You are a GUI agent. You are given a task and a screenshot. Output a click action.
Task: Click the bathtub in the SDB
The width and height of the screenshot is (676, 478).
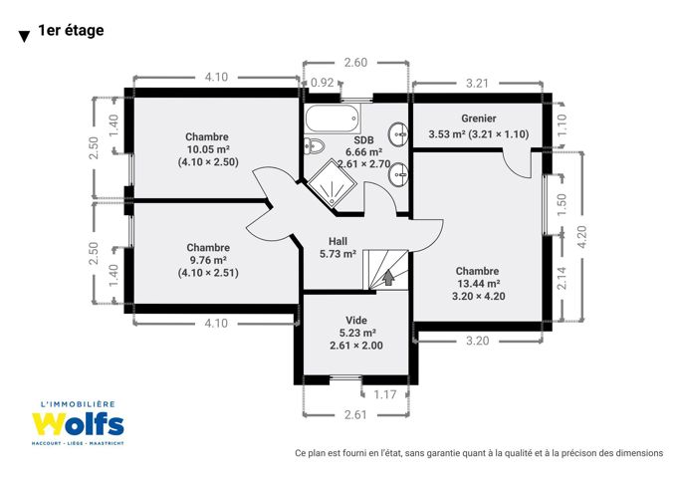pyautogui.click(x=333, y=118)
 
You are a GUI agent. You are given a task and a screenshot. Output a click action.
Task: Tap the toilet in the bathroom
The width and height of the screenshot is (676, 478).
pyautogui.click(x=314, y=145)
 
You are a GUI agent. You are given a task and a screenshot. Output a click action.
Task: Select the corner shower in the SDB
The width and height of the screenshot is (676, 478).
pyautogui.click(x=332, y=182)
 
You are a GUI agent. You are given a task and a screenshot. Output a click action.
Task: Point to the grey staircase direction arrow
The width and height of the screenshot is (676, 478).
pyautogui.click(x=389, y=277)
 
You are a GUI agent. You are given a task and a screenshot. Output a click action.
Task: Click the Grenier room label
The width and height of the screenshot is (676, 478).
pyautogui.click(x=479, y=119)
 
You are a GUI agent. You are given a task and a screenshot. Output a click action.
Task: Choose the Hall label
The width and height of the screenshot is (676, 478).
pyautogui.click(x=338, y=241)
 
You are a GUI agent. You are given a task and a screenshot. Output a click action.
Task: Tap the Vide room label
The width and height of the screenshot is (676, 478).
pyautogui.click(x=356, y=320)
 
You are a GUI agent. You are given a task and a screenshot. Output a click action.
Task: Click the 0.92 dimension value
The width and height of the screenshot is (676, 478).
pyautogui.click(x=322, y=83)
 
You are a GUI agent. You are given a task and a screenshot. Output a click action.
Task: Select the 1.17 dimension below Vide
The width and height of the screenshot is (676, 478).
pyautogui.click(x=384, y=394)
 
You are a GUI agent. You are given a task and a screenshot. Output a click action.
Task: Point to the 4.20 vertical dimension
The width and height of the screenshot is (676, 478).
pyautogui.click(x=581, y=237)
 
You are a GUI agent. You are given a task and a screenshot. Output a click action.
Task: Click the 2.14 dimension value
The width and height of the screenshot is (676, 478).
pyautogui.click(x=562, y=278)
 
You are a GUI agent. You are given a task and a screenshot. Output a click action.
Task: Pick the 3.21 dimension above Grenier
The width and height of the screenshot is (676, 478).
pyautogui.click(x=477, y=83)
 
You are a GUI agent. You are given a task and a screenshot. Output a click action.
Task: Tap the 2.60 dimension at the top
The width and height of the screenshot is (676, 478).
pyautogui.click(x=355, y=63)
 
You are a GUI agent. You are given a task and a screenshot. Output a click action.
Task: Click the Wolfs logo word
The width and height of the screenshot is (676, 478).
pyautogui.click(x=78, y=424)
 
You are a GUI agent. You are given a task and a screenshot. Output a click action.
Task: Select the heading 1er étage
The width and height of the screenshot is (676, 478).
pyautogui.click(x=71, y=30)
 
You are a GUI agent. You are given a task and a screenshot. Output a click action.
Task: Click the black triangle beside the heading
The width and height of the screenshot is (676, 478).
pyautogui.click(x=25, y=37)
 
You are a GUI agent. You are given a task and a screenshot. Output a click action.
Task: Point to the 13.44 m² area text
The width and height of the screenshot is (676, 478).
pyautogui.click(x=479, y=284)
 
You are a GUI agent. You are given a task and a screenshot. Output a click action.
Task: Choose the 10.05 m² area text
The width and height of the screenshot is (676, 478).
pyautogui.click(x=208, y=149)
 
